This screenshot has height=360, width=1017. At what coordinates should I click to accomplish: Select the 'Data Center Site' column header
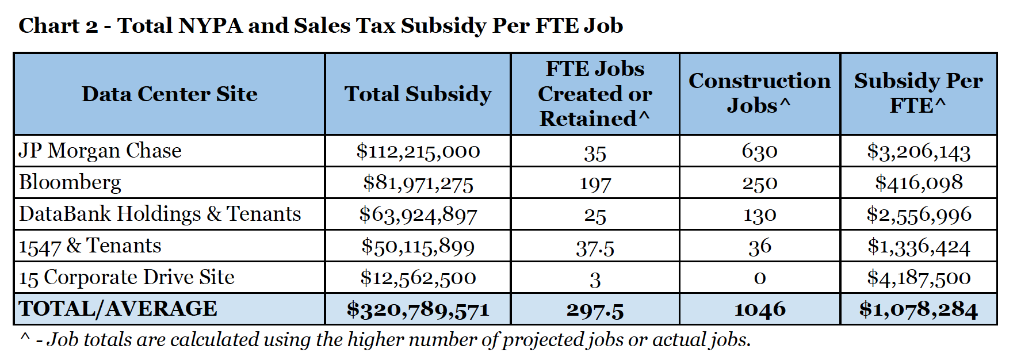click(169, 94)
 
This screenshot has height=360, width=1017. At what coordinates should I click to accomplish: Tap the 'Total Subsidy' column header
click(418, 94)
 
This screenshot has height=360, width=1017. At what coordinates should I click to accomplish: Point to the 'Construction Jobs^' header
click(759, 93)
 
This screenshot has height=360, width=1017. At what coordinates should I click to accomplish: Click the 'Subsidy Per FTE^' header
click(918, 93)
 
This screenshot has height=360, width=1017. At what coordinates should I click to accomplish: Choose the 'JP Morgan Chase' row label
click(100, 151)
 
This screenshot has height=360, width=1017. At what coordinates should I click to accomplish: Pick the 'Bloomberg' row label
click(70, 183)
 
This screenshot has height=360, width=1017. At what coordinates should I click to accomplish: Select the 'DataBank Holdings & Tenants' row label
click(160, 214)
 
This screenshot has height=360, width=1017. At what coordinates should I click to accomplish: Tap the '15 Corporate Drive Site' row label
click(127, 277)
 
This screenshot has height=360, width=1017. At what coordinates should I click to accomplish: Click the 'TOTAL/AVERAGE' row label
click(118, 309)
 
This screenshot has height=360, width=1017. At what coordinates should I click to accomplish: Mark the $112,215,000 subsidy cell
click(418, 151)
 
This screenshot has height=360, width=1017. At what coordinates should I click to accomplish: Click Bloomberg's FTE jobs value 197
click(595, 184)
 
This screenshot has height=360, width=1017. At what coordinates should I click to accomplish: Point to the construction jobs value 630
click(759, 152)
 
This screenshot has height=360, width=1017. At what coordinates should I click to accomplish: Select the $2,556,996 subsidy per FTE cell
click(919, 215)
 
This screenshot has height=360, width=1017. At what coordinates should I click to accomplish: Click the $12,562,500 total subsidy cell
click(418, 278)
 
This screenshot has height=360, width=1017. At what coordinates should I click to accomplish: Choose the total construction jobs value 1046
click(759, 309)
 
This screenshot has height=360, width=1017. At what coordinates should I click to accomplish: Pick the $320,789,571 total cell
click(418, 309)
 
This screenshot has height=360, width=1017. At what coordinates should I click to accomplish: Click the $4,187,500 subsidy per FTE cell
click(919, 278)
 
